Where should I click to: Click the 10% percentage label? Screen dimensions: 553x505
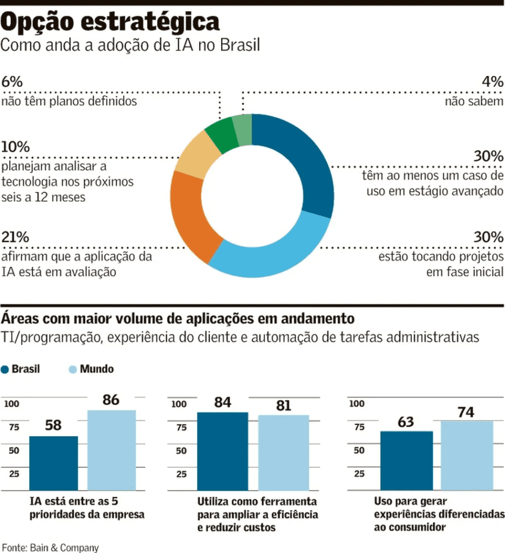(15, 147)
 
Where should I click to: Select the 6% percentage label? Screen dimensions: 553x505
(12, 82)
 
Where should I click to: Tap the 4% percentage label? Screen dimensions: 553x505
(493, 82)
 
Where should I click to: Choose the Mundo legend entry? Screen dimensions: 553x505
(92, 369)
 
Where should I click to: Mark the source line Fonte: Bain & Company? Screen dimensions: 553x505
(50, 547)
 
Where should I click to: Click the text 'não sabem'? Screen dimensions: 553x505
(474, 101)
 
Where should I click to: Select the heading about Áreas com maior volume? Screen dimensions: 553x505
(178, 318)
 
